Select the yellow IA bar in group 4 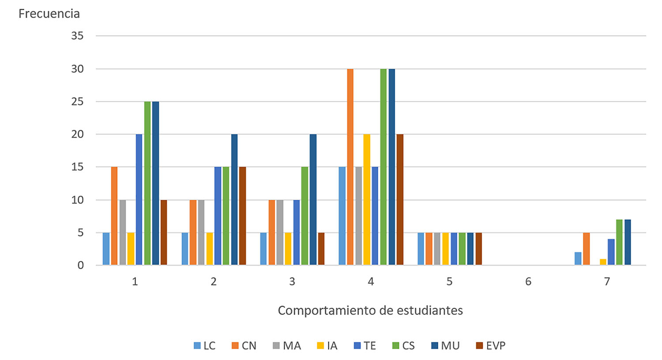[x=367, y=199]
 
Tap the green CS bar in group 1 [x=147, y=183]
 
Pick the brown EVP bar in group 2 [x=242, y=216]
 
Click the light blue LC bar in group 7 [x=578, y=259]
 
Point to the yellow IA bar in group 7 [x=603, y=262]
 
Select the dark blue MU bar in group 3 [x=313, y=199]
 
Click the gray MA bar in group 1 [x=123, y=232]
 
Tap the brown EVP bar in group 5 [x=479, y=249]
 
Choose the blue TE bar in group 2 [x=218, y=216]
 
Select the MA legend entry [x=287, y=346]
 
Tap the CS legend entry [x=403, y=346]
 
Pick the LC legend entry [x=205, y=346]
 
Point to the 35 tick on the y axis [x=77, y=36]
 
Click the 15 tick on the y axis [x=77, y=167]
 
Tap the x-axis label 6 [x=528, y=281]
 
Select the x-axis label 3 [x=292, y=281]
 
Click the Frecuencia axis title [x=49, y=14]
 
